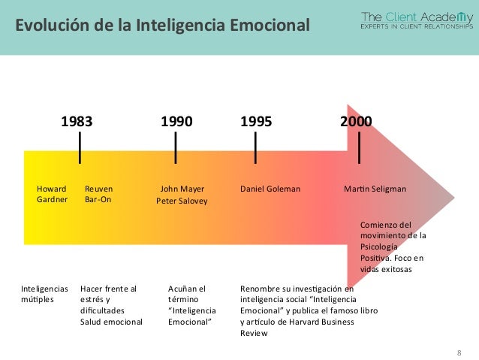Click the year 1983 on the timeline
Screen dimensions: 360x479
[77, 122]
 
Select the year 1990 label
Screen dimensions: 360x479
[177, 122]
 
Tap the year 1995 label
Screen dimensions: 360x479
[256, 122]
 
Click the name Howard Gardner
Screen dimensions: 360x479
[52, 194]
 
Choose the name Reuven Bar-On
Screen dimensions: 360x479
[98, 194]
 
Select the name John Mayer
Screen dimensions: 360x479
[182, 189]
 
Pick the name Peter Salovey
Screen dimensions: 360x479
[182, 201]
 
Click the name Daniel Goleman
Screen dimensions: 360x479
[270, 189]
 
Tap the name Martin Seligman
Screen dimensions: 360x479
[375, 189]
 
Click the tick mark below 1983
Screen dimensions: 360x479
[80, 147]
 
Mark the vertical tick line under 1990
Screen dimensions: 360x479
[176, 147]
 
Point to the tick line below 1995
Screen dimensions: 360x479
[256, 147]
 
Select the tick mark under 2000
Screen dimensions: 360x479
[360, 147]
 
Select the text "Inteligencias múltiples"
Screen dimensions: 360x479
[44, 293]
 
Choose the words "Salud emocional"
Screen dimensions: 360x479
[111, 322]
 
